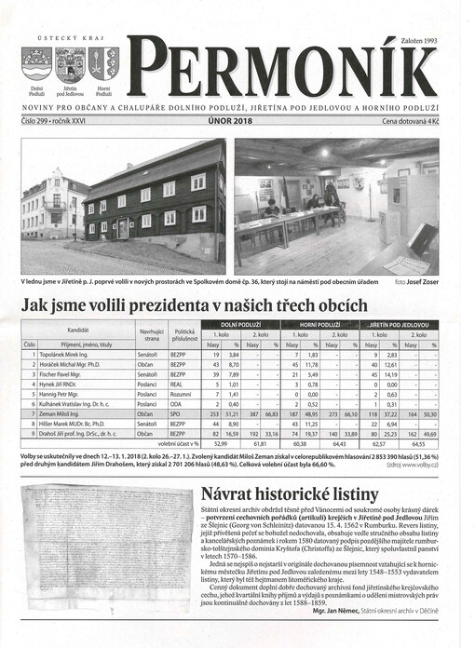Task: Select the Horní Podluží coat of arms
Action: pyautogui.click(x=104, y=64)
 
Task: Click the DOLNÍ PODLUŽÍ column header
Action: pyautogui.click(x=243, y=325)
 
